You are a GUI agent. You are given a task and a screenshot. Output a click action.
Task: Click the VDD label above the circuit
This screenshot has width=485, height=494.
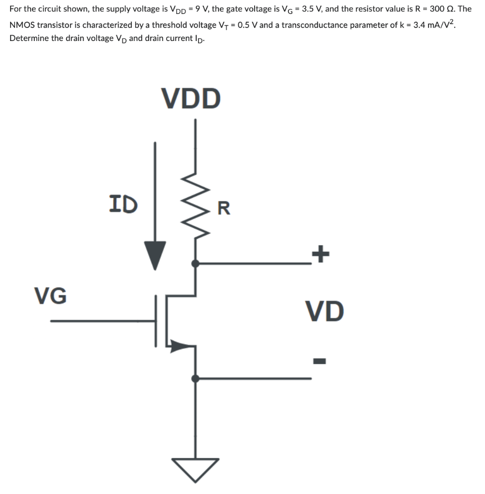pos(192,98)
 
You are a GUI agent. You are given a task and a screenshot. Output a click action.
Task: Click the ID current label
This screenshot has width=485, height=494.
pos(123,204)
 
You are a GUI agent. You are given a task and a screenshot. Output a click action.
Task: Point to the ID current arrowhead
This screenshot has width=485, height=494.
pos(155,255)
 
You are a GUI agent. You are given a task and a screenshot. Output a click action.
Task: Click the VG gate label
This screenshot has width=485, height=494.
pos(51,295)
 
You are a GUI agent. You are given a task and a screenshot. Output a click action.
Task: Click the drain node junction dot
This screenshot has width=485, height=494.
pos(195,263)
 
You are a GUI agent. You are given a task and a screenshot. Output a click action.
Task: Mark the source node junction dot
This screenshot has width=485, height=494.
pos(195,378)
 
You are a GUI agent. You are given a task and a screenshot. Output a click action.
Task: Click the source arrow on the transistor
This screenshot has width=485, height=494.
pos(180,345)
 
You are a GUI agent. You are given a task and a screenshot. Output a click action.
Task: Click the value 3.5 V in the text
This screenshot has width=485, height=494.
pos(310,9)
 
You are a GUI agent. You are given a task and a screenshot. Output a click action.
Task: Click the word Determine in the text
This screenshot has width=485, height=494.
pos(29,39)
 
